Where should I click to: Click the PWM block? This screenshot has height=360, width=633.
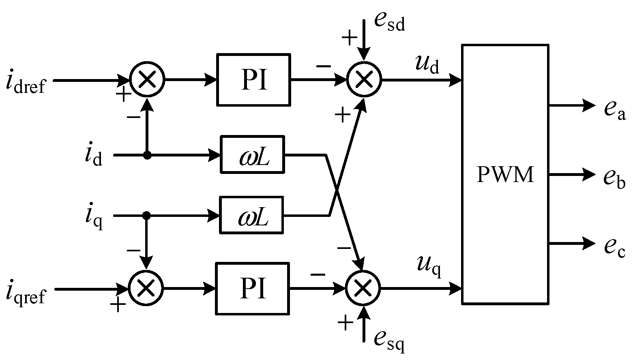click(x=505, y=174)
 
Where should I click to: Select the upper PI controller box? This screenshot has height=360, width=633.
click(x=254, y=80)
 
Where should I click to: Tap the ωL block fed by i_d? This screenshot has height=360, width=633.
click(x=252, y=154)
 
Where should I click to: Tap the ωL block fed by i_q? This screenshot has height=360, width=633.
click(x=251, y=215)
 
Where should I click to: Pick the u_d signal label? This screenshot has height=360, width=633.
click(x=427, y=65)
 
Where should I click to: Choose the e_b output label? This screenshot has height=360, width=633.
click(x=614, y=177)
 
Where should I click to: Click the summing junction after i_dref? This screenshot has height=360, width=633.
click(x=147, y=80)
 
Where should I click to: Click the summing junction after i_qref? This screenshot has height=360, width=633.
click(x=146, y=289)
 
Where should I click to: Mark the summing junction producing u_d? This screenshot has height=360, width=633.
click(x=364, y=80)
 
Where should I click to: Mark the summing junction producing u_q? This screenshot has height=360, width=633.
click(x=363, y=289)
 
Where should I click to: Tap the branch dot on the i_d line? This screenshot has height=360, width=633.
click(x=147, y=155)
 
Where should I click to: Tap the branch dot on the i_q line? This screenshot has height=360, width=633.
click(x=146, y=215)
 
